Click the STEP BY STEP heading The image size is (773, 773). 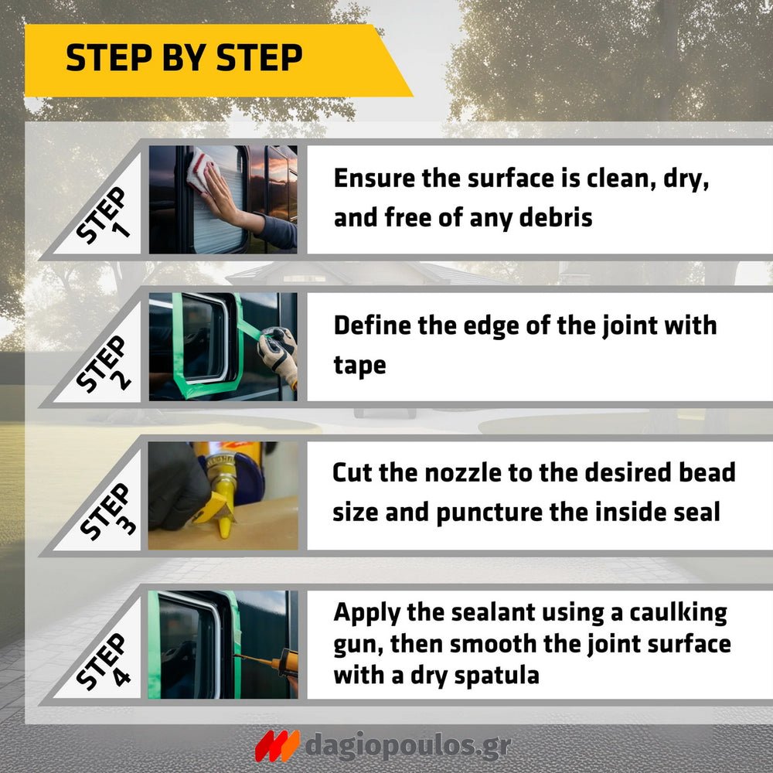tap(184, 57)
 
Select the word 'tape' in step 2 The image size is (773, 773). tap(360, 366)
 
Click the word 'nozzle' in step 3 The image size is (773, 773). tap(462, 472)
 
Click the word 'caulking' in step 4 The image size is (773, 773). tap(679, 613)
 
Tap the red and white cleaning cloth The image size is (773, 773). tap(201, 171)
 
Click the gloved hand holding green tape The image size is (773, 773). tap(278, 354)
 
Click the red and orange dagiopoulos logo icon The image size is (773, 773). tap(277, 746)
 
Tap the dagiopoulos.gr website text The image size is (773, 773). tap(408, 745)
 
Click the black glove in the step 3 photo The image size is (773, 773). tap(178, 485)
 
